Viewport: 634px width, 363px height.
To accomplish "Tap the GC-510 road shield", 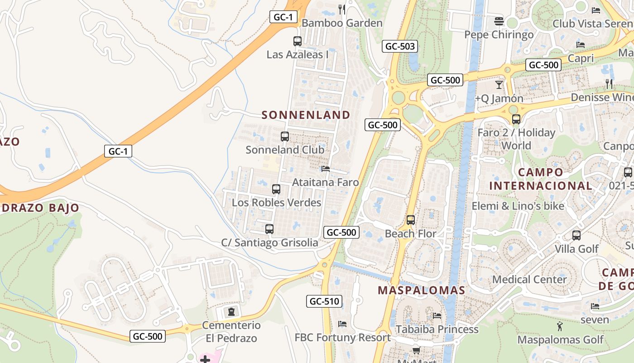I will pos(324,301).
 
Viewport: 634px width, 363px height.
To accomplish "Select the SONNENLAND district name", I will pos(306,115).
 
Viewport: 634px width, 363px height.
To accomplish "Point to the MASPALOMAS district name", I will pos(422,290).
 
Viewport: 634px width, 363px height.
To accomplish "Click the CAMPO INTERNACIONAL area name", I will pos(541,179).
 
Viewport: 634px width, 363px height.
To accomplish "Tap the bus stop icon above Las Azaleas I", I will pos(298,41).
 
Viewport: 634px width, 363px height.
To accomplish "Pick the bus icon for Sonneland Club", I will pos(285,137).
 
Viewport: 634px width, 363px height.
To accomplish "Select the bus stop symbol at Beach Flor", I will pos(411,220).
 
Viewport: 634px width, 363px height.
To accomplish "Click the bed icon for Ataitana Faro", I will pos(325,169).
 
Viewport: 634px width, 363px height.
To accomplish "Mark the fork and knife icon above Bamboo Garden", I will pos(342,9).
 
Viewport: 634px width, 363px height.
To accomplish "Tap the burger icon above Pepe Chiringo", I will pos(499,21).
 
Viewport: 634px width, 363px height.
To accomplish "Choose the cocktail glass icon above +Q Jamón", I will pos(499,85).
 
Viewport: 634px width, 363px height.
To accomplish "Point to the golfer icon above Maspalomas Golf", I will pos(560,326).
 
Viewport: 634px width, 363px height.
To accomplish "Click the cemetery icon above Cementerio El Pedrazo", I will pos(231,312).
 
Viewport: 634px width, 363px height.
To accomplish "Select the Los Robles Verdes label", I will pos(276,202).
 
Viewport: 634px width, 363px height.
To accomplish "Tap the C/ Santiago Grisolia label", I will pos(269,243).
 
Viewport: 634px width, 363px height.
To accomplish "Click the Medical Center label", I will pos(529,279).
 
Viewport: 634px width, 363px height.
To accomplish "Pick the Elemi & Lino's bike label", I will pos(518,206).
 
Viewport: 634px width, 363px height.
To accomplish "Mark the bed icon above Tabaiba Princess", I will pos(437,315).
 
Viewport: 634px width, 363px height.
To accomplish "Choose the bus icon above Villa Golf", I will pos(576,235).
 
